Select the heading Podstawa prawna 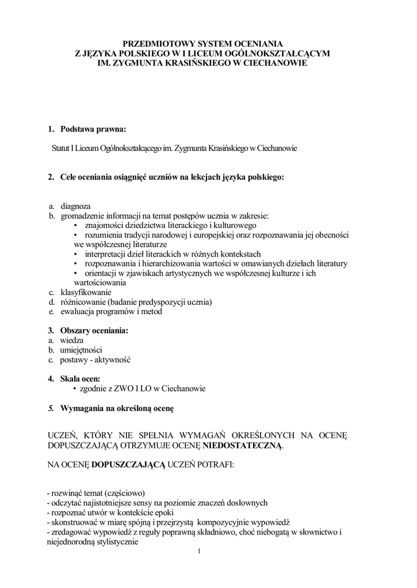(x=93, y=129)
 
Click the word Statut (x=61, y=148)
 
